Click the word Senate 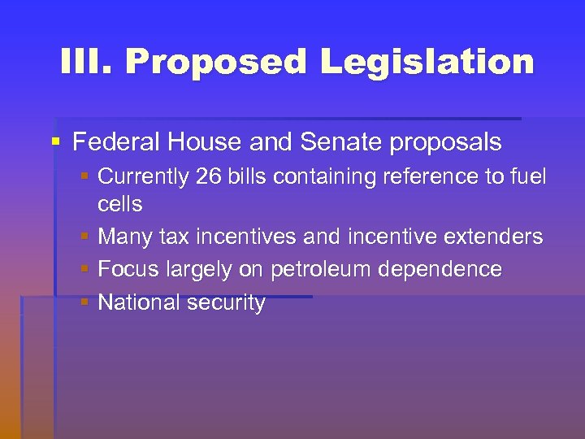pyautogui.click(x=341, y=143)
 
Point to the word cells pyautogui.click(x=119, y=204)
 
